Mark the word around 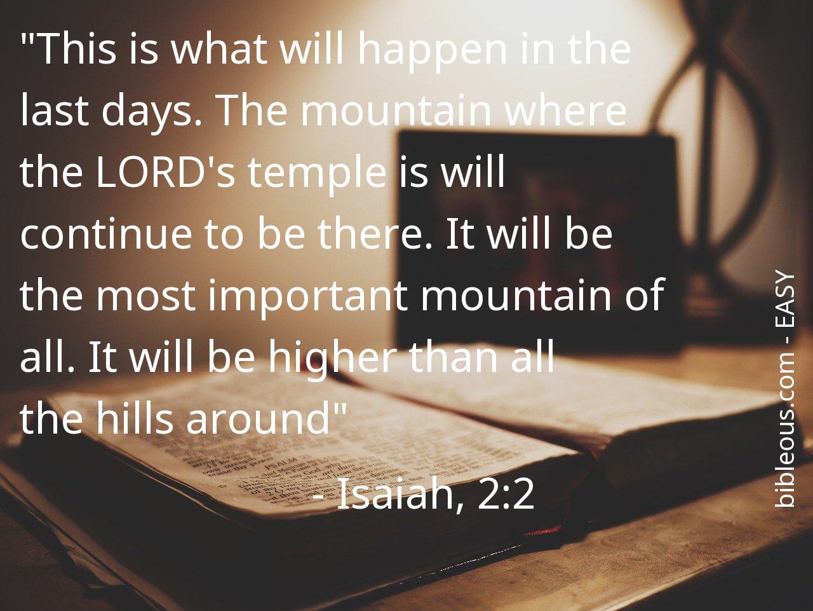[258, 417]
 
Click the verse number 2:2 [506, 494]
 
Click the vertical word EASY [784, 298]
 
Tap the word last [55, 110]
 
